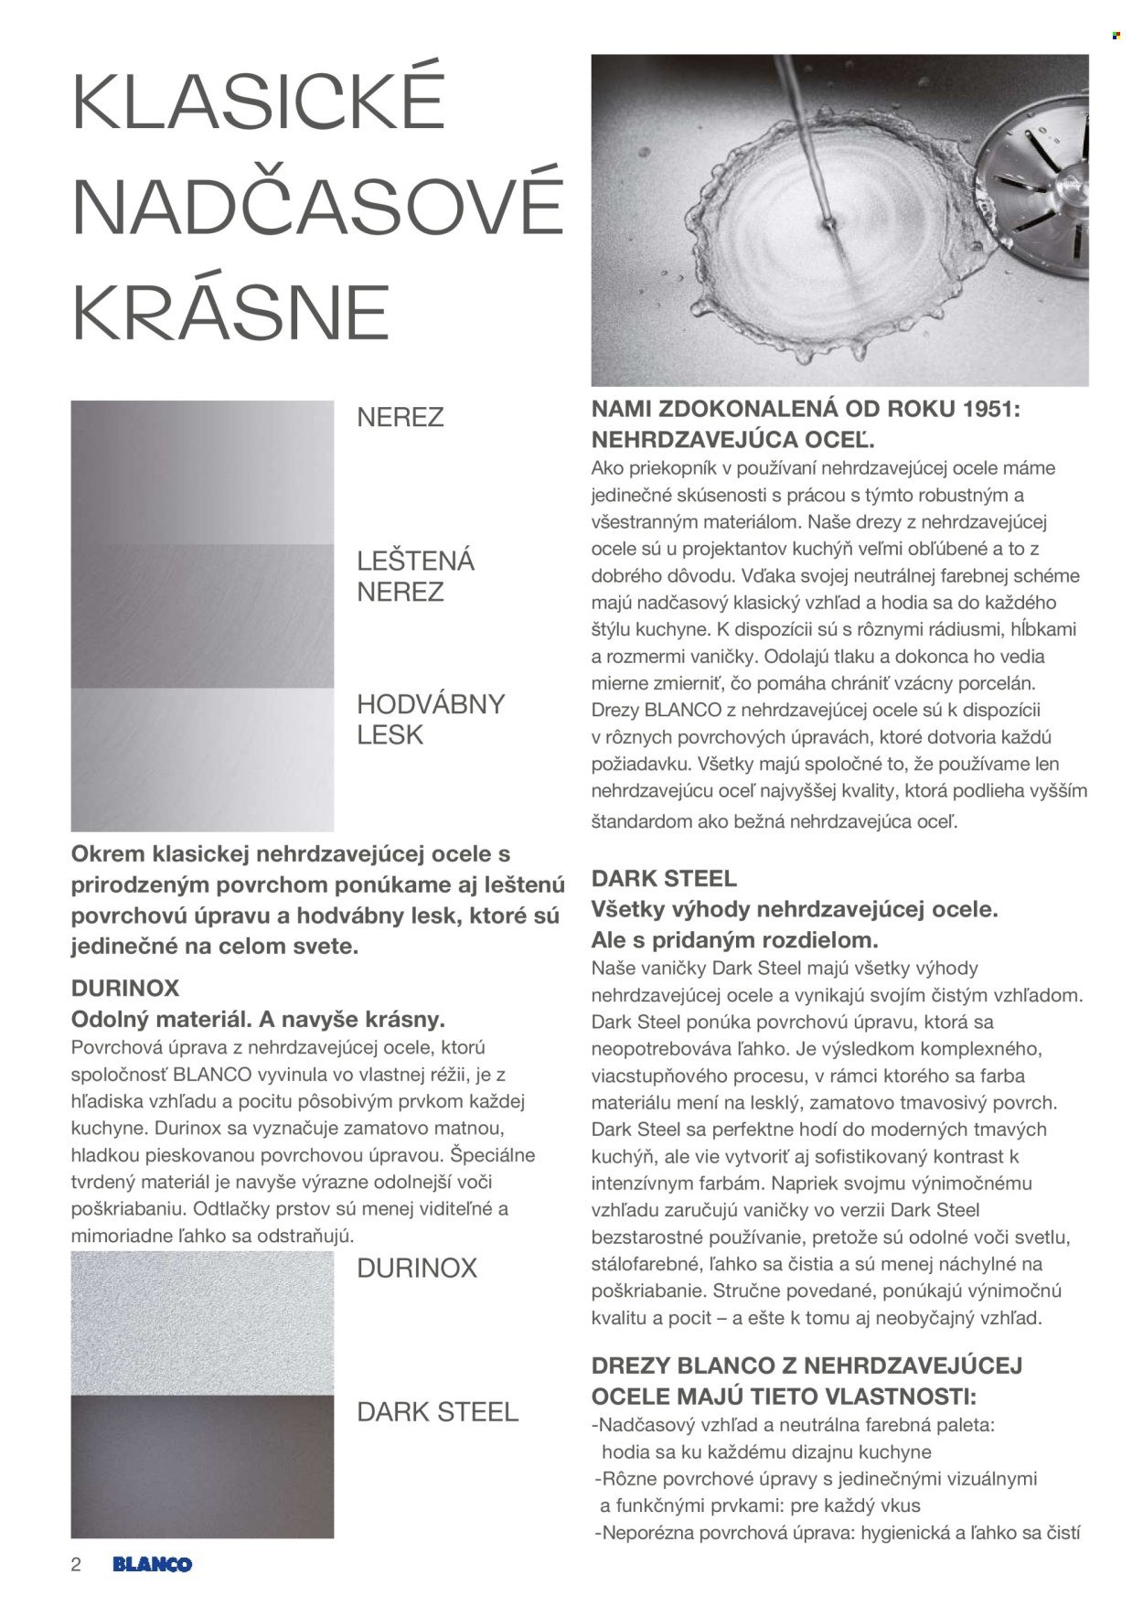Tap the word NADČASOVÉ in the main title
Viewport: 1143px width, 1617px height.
(x=316, y=207)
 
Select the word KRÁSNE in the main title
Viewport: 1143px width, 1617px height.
(x=230, y=312)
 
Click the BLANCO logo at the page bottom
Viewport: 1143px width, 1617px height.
(x=152, y=1564)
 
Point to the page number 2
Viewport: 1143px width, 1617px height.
(x=76, y=1564)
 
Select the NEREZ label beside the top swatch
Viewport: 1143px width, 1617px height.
(x=400, y=418)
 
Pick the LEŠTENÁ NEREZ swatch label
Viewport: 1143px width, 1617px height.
(x=414, y=575)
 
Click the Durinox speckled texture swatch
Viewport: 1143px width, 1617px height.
(x=202, y=1323)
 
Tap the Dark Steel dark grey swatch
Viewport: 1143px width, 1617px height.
(x=202, y=1466)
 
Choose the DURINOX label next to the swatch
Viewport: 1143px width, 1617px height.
(x=416, y=1269)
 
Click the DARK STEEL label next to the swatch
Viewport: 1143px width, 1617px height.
(x=437, y=1412)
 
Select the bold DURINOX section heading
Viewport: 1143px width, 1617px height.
(x=125, y=989)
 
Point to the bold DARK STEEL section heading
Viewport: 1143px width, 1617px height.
(x=664, y=879)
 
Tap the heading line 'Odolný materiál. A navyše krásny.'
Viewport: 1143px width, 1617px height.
(x=258, y=1019)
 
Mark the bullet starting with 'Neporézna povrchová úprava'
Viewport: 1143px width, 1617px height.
(x=837, y=1533)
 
